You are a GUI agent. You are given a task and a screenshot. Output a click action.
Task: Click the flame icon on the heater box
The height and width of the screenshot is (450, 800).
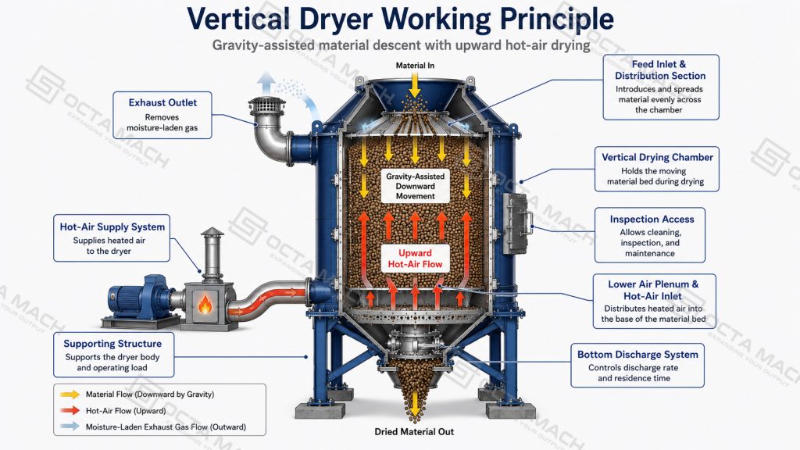point(205,304)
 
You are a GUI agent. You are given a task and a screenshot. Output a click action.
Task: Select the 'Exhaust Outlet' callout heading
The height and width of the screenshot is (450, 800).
point(162,102)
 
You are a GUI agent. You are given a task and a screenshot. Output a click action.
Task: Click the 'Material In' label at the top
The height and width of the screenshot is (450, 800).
point(416,66)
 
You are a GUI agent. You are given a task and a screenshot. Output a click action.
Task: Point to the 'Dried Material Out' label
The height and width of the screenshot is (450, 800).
point(414,431)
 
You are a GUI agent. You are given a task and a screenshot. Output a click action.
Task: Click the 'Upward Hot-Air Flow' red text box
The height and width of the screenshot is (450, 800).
point(416,259)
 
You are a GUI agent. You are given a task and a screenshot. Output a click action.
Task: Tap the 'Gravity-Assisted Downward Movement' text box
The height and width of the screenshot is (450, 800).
point(416,186)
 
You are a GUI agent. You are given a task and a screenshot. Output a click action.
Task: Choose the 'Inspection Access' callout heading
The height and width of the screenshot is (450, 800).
point(652,220)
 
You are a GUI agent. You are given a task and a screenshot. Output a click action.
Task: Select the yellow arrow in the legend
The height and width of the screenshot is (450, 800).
point(70,395)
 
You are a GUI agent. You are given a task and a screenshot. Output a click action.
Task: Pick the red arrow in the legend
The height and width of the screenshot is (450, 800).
point(70,410)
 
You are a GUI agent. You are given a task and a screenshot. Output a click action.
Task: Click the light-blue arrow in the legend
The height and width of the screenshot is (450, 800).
point(70,426)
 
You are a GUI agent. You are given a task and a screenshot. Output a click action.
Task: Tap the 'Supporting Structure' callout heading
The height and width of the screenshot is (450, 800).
point(112,344)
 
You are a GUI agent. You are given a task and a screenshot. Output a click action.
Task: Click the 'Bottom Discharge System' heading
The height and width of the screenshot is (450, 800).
point(637,355)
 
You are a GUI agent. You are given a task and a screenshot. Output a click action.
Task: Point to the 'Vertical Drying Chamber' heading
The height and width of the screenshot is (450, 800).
point(657,158)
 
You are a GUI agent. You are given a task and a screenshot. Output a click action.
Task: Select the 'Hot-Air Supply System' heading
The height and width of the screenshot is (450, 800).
point(112,227)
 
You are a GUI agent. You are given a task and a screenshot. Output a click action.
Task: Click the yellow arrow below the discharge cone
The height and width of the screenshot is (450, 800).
point(416,405)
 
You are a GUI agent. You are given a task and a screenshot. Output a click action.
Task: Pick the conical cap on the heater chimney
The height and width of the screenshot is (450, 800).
point(212,232)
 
